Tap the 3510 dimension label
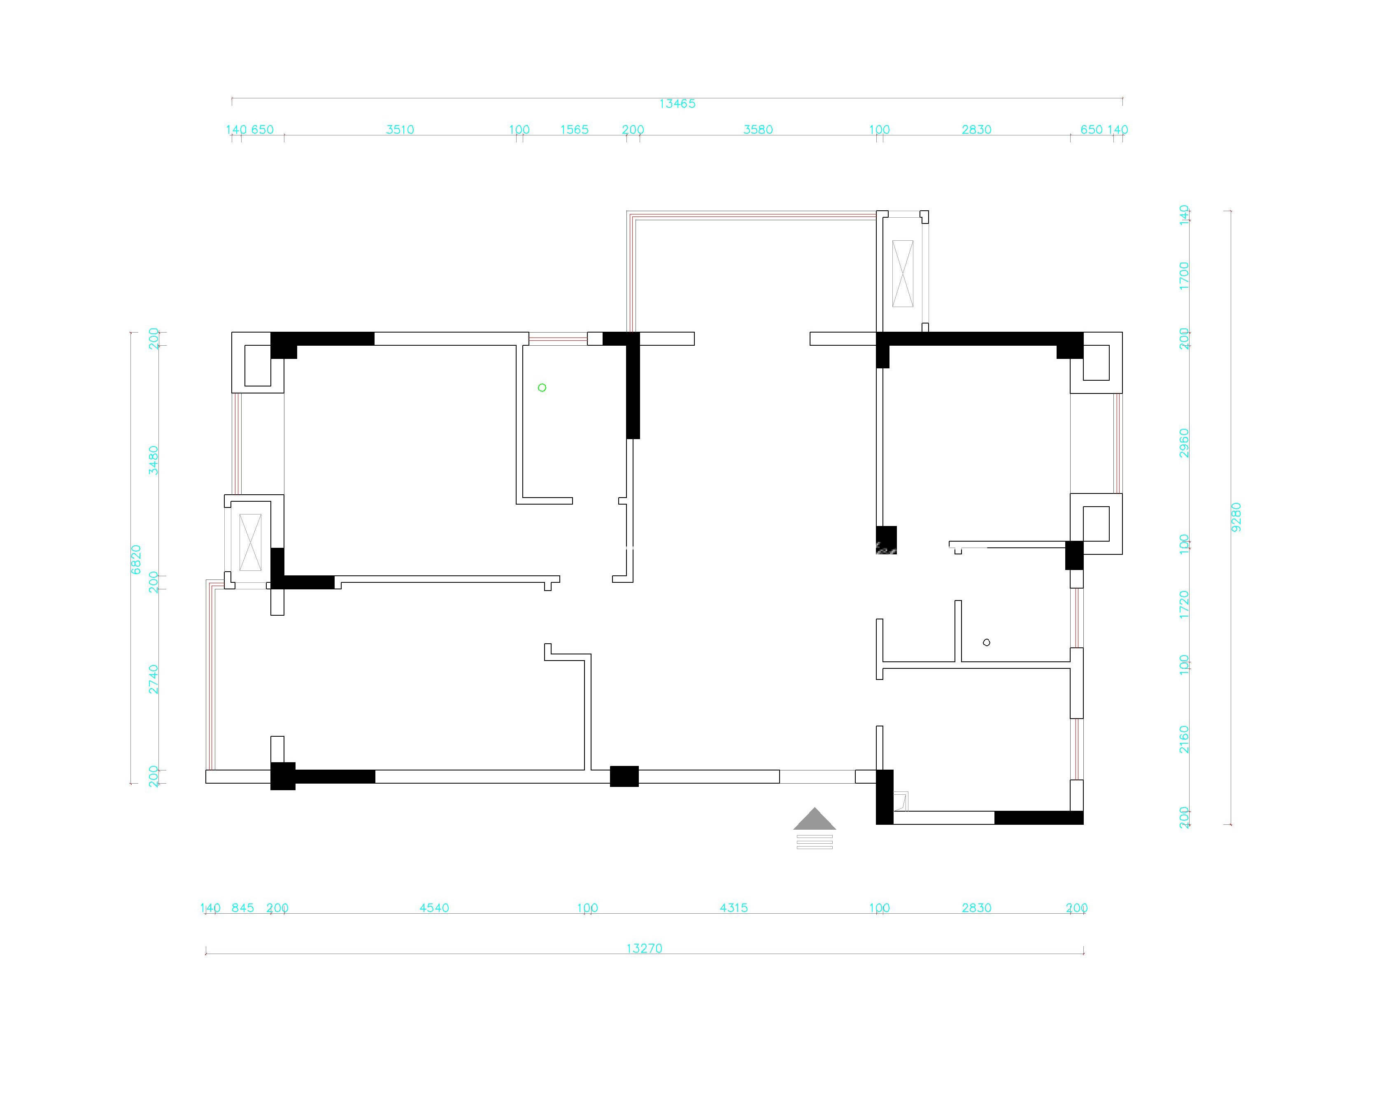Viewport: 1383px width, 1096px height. pyautogui.click(x=400, y=130)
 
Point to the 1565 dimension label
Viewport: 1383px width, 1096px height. pyautogui.click(x=574, y=130)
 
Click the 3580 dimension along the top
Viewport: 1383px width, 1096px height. pyautogui.click(x=758, y=130)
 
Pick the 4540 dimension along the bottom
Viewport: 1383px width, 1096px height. pyautogui.click(x=434, y=908)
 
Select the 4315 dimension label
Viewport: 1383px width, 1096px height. pyautogui.click(x=734, y=908)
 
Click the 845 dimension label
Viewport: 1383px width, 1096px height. pyautogui.click(x=242, y=908)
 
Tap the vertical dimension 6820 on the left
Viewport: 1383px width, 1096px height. pyautogui.click(x=136, y=559)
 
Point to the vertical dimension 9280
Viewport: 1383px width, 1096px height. pyautogui.click(x=1236, y=517)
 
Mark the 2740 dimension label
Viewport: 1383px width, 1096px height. pyautogui.click(x=153, y=679)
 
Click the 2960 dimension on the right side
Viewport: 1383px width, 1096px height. pyautogui.click(x=1184, y=443)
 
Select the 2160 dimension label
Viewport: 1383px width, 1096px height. pyautogui.click(x=1184, y=740)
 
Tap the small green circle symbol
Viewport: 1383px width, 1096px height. pyautogui.click(x=542, y=387)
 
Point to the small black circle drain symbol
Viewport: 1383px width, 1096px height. pyautogui.click(x=987, y=642)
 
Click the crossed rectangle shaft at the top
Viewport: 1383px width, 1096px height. pyautogui.click(x=903, y=273)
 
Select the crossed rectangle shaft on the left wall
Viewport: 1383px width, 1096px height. pyautogui.click(x=250, y=542)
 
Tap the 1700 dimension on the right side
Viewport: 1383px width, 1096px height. pyautogui.click(x=1184, y=276)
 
